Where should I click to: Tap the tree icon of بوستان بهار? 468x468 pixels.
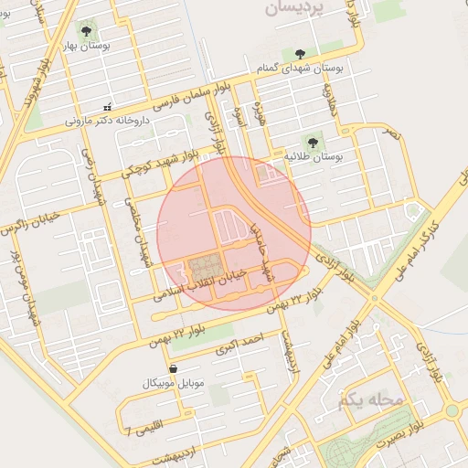point(87,29)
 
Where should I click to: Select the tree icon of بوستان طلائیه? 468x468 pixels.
point(312,142)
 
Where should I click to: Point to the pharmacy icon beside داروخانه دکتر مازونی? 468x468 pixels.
point(108,107)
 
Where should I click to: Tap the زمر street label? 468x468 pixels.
point(392,137)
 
